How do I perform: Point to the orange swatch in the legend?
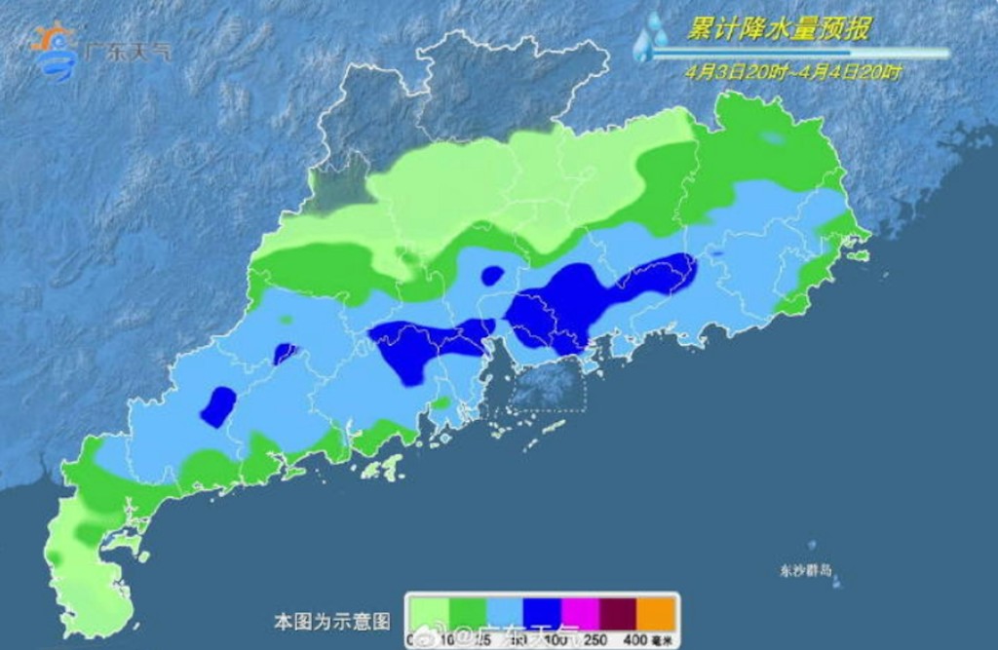(656, 613)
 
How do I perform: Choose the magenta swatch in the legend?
(580, 613)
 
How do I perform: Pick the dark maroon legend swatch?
(618, 613)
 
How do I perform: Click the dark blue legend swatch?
(542, 613)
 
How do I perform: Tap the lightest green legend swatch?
(428, 613)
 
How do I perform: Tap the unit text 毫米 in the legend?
(664, 639)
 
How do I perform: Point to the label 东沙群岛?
(806, 570)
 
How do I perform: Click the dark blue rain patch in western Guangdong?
(218, 405)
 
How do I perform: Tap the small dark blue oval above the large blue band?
(492, 276)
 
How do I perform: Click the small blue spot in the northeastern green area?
(773, 138)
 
